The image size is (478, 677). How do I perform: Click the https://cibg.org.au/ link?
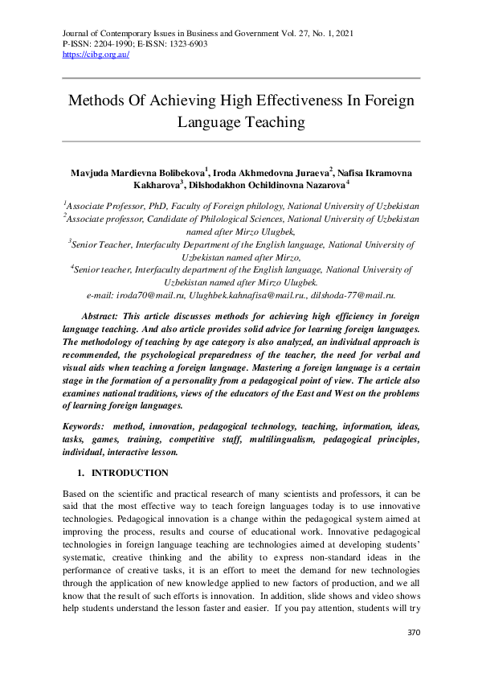[96, 55]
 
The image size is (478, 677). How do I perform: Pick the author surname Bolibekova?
[173, 172]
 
